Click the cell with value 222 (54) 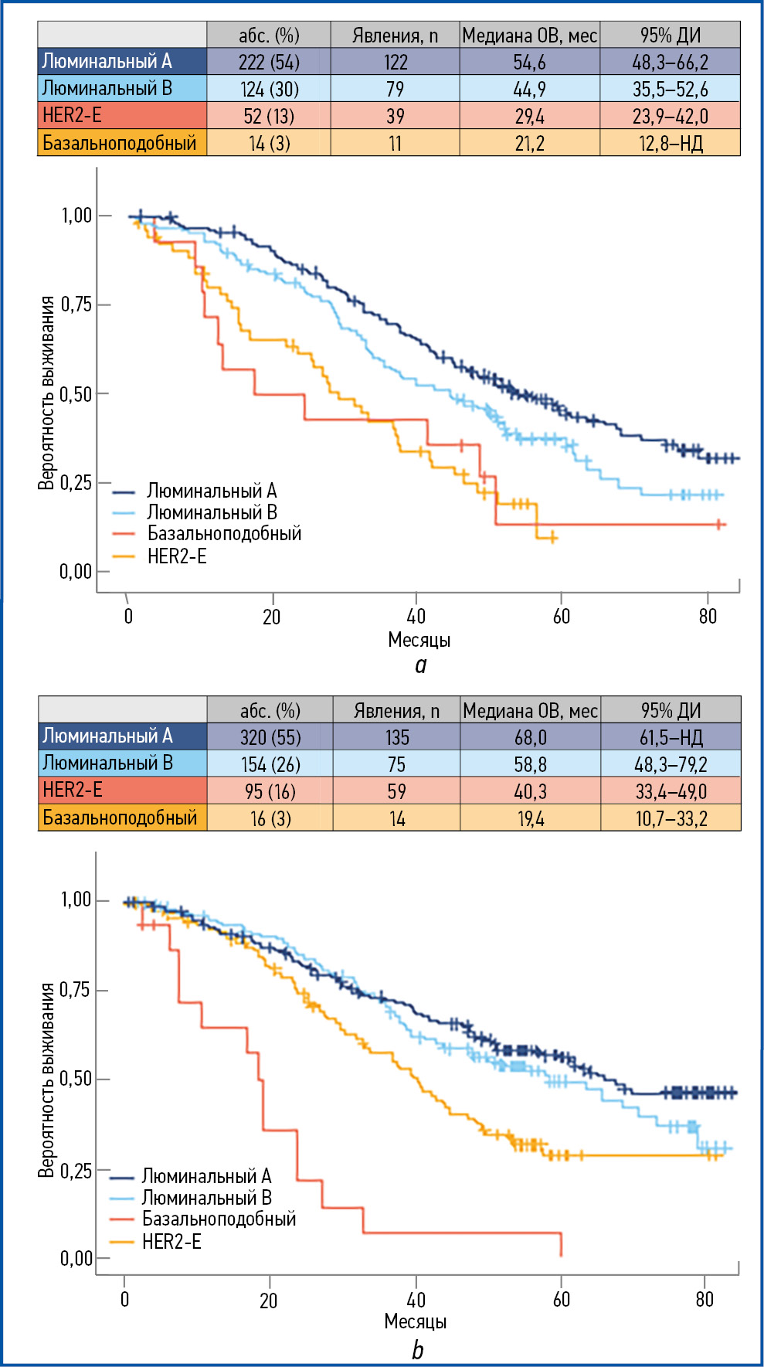point(269,62)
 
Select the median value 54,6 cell point(529,62)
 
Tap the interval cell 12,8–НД point(670,143)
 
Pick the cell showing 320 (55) point(270,737)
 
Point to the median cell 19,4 point(530,818)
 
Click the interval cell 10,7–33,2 point(671,818)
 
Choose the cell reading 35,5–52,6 point(670,89)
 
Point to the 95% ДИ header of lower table point(671,710)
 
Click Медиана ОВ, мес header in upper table point(529,36)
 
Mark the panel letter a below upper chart point(420,665)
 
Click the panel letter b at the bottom point(417,1349)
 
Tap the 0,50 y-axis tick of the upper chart point(76,394)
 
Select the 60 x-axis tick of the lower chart point(562,1299)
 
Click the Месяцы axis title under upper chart point(419,640)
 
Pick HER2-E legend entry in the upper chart point(177,556)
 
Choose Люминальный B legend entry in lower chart point(206,1198)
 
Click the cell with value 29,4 point(529,116)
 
